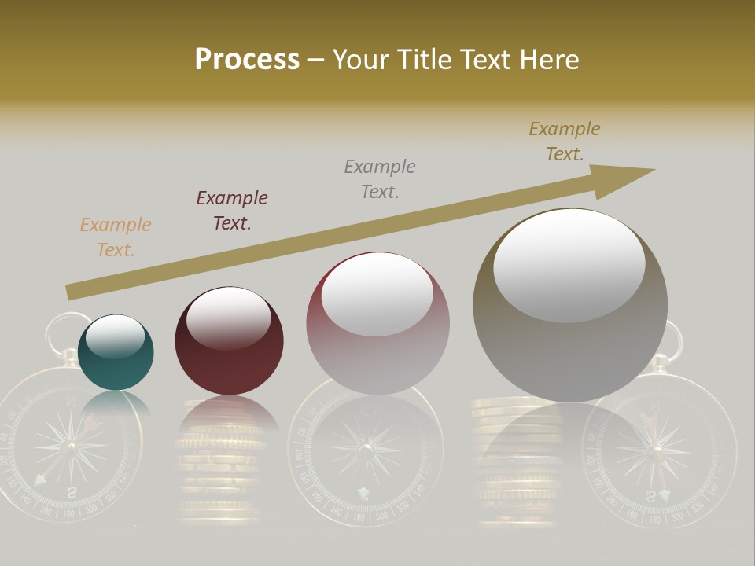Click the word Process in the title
(247, 60)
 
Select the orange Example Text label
(116, 237)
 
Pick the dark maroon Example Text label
(232, 211)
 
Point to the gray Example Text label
(380, 179)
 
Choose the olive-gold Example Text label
(565, 141)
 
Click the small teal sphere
(116, 354)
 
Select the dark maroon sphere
(229, 342)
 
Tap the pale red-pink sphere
(377, 324)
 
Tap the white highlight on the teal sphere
(116, 336)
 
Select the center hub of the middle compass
(366, 449)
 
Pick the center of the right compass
(657, 450)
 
